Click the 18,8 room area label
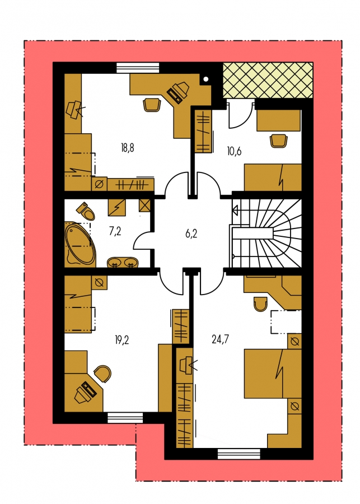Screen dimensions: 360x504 coord(128,148)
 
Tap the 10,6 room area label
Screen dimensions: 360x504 coord(235,151)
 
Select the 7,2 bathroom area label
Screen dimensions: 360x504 coord(115,231)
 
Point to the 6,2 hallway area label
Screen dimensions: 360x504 coord(191,234)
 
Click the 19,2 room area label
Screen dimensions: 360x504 coord(122,340)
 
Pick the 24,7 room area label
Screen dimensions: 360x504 coord(221,339)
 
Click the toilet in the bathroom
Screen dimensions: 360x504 coord(86,211)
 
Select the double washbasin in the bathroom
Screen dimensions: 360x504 coord(123,262)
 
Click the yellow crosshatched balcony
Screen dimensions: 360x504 coord(268,80)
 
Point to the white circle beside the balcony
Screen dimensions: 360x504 coord(206,79)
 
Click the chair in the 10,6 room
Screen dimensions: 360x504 coord(278,141)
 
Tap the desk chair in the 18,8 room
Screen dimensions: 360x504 coord(151,105)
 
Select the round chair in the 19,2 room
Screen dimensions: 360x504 coord(103,374)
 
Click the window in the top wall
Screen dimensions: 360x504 coord(138,68)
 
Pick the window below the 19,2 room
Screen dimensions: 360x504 coord(125,418)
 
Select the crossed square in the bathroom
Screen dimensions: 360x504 coord(145,206)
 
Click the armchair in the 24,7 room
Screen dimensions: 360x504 coord(260,304)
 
